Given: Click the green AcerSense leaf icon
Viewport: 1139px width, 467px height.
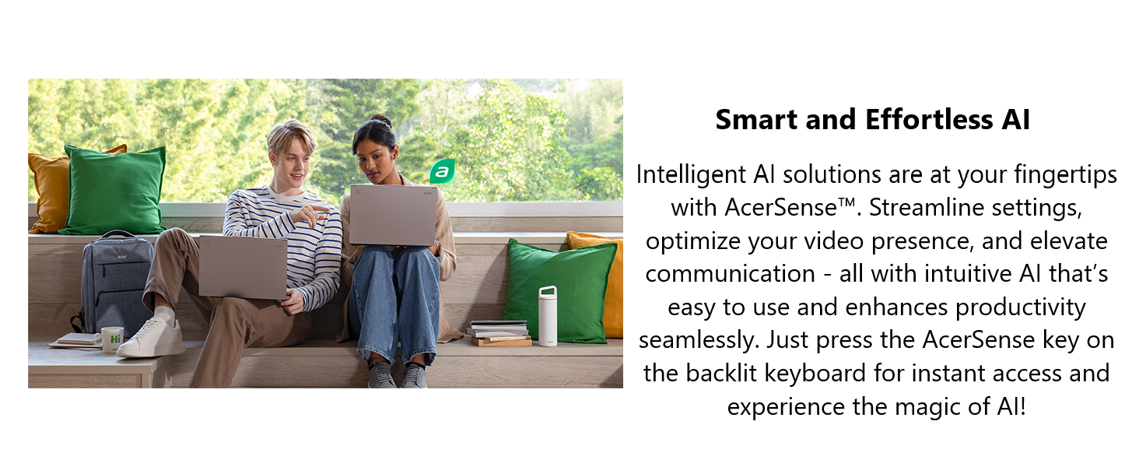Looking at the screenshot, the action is pyautogui.click(x=442, y=171).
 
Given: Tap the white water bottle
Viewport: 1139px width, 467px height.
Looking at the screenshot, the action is pyautogui.click(x=548, y=317).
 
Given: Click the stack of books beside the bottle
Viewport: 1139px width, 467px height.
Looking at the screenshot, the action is pyautogui.click(x=499, y=332).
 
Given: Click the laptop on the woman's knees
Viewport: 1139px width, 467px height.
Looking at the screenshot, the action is pyautogui.click(x=393, y=215).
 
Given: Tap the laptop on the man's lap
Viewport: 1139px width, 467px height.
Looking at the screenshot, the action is pyautogui.click(x=243, y=266).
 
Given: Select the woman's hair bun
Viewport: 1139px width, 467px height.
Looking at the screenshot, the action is pyautogui.click(x=381, y=121).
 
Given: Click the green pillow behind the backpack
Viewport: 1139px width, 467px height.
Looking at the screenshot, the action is pyautogui.click(x=114, y=190).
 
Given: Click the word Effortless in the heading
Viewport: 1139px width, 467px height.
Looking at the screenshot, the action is pyautogui.click(x=929, y=120).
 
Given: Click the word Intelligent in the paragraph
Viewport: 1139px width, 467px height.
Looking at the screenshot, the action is pyautogui.click(x=691, y=174).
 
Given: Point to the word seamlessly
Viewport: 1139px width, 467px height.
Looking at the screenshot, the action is pyautogui.click(x=699, y=340).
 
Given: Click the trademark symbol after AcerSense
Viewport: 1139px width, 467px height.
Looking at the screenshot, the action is pyautogui.click(x=846, y=202).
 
